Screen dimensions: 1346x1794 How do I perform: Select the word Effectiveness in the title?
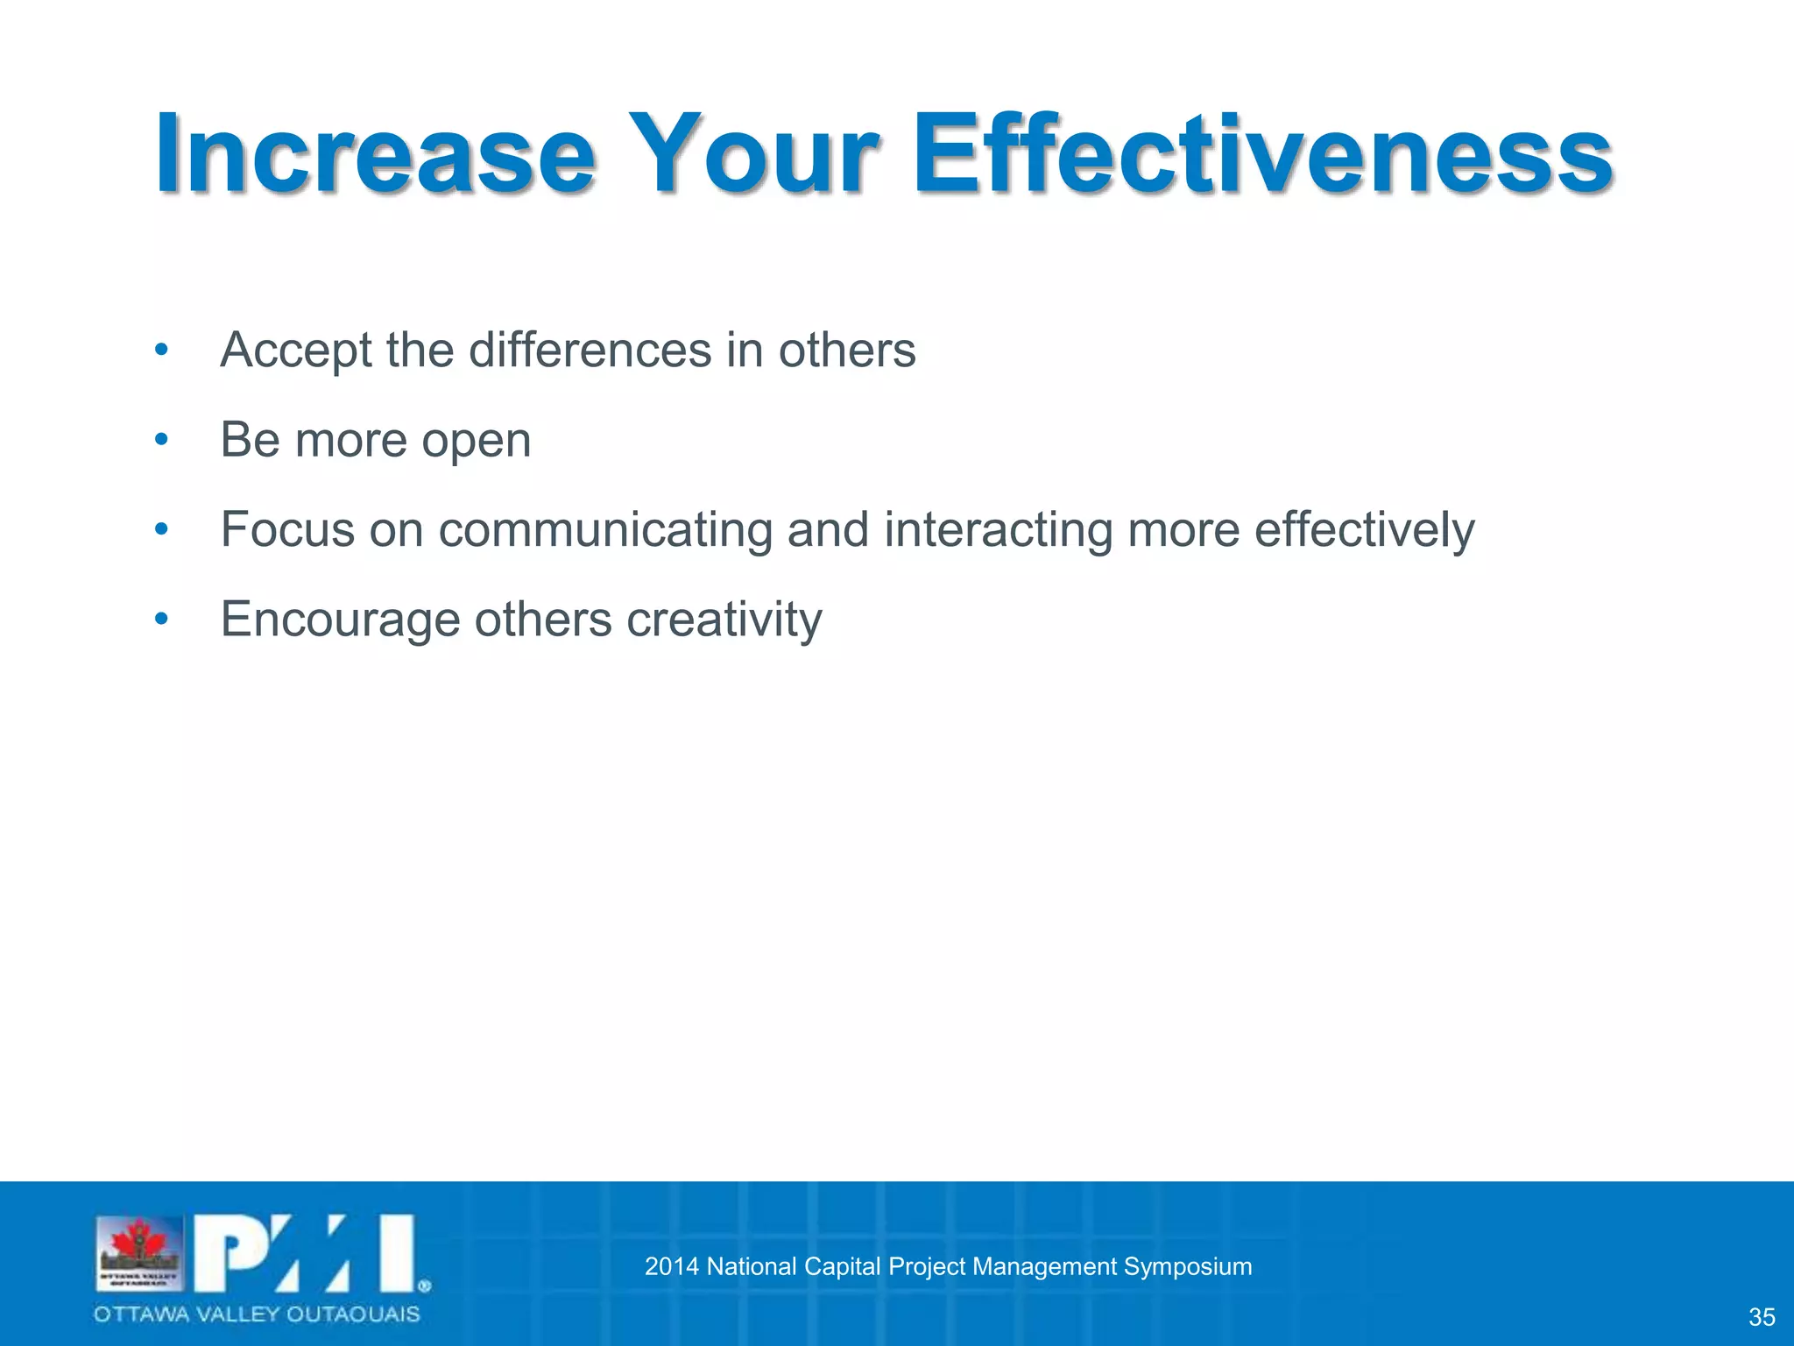tap(1261, 156)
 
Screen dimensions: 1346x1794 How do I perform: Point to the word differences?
tap(590, 350)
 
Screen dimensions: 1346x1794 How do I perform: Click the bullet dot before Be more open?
tap(160, 439)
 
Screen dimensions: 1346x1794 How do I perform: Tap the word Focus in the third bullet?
tap(287, 529)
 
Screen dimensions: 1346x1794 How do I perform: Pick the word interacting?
tap(999, 531)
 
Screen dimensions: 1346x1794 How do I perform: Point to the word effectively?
tap(1364, 531)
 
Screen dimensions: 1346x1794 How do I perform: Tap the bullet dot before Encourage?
tap(160, 619)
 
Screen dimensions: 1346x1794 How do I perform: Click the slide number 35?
tap(1761, 1317)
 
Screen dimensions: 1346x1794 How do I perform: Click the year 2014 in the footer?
tap(671, 1266)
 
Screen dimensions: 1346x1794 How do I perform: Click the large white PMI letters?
tap(303, 1253)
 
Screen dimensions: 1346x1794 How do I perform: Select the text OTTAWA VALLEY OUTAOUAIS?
tap(257, 1314)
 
